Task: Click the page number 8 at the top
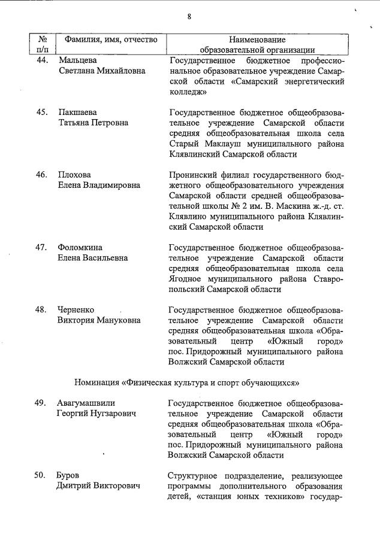(189, 17)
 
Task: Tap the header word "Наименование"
(257, 39)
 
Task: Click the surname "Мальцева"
(77, 60)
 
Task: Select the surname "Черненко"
(77, 309)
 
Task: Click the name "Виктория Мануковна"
(99, 320)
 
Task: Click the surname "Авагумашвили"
(86, 403)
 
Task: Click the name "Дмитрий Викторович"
(98, 486)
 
